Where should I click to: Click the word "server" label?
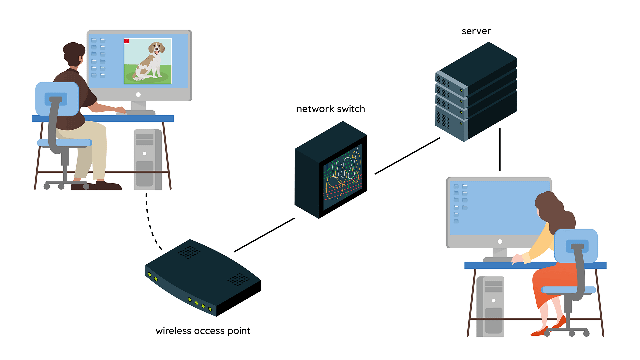tap(476, 31)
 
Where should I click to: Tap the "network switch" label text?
tap(331, 109)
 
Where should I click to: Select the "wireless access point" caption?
tap(203, 331)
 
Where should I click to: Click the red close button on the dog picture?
tap(126, 41)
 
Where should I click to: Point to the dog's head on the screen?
tap(156, 48)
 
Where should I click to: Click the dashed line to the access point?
tap(149, 220)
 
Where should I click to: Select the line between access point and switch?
tap(264, 235)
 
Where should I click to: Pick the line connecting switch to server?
tap(407, 156)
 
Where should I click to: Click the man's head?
tap(74, 53)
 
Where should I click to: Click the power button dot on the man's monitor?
tap(138, 95)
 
